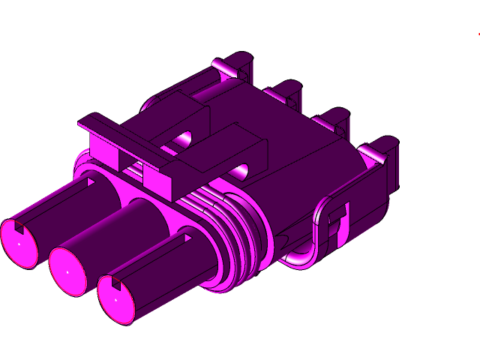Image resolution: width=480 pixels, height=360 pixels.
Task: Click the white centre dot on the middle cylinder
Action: (x=67, y=271)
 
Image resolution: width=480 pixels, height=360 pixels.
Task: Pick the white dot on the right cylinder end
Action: (x=116, y=298)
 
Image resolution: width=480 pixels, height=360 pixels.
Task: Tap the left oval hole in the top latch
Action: (x=184, y=139)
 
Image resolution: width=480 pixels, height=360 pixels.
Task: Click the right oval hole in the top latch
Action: (x=241, y=169)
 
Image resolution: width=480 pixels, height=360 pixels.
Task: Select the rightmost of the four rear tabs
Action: (x=379, y=150)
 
